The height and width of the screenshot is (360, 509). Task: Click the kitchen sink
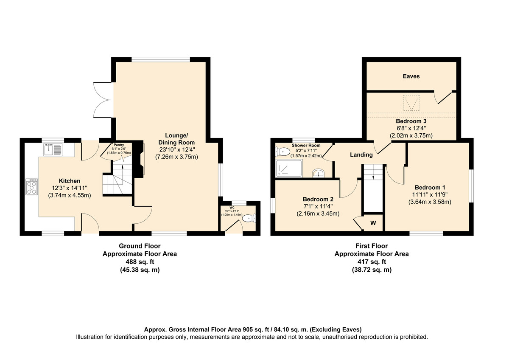click(53, 149)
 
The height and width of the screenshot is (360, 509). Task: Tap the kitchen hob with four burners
click(31, 187)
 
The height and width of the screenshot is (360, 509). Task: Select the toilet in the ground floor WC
click(249, 219)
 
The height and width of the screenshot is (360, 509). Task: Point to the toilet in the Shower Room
click(282, 152)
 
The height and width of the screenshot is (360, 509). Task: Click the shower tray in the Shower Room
click(289, 168)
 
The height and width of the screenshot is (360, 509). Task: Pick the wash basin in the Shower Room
click(319, 173)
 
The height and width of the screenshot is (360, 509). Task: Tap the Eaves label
click(411, 76)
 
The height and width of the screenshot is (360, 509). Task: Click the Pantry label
click(119, 145)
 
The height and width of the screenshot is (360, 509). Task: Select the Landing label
click(361, 155)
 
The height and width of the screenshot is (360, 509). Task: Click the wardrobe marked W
click(373, 222)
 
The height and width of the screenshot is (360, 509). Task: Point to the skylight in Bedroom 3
click(411, 103)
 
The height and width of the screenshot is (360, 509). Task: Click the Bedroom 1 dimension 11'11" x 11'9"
click(430, 195)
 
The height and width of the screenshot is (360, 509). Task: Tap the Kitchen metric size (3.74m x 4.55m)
click(70, 195)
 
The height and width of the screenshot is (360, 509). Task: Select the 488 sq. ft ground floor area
click(140, 262)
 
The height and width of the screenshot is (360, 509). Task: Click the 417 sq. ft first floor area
click(372, 262)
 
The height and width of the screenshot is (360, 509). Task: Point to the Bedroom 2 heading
click(318, 199)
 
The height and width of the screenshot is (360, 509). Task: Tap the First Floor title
click(372, 246)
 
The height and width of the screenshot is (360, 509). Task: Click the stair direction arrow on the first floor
click(373, 177)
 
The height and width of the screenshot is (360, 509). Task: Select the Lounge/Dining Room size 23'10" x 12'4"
click(177, 149)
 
